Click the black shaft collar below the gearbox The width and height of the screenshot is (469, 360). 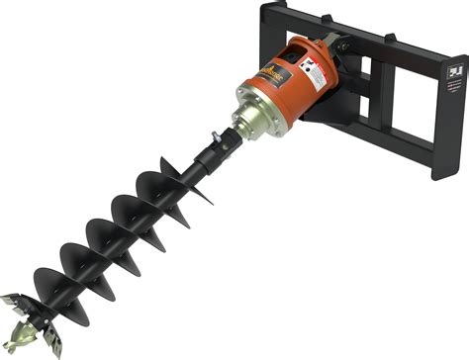pyautogui.click(x=211, y=159)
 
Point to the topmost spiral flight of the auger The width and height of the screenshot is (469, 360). pyautogui.click(x=183, y=188)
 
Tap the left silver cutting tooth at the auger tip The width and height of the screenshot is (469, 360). pyautogui.click(x=15, y=301)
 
